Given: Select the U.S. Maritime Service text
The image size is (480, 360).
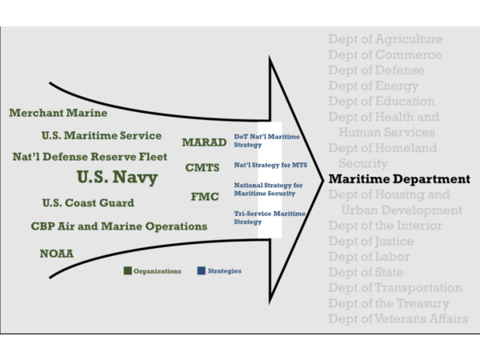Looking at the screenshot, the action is pyautogui.click(x=101, y=136).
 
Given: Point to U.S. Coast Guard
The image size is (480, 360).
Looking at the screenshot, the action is pyautogui.click(x=88, y=203).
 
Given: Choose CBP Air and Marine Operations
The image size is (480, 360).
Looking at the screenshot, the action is pyautogui.click(x=119, y=226).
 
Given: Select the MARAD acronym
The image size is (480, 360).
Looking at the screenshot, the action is pyautogui.click(x=204, y=142).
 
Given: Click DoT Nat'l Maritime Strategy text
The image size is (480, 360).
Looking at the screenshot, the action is pyautogui.click(x=266, y=142).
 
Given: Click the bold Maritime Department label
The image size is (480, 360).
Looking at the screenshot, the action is pyautogui.click(x=399, y=178).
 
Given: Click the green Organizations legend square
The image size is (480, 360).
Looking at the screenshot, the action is pyautogui.click(x=127, y=270).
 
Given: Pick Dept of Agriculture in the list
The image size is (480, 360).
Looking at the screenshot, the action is pyautogui.click(x=385, y=39).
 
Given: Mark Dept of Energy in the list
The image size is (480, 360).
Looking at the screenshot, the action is pyautogui.click(x=374, y=86).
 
